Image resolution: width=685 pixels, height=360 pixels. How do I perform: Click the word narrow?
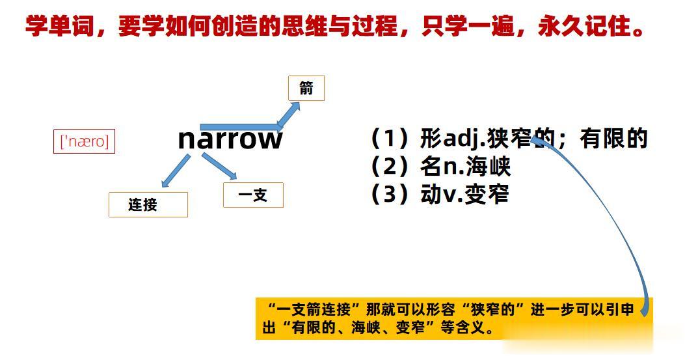pos(230,139)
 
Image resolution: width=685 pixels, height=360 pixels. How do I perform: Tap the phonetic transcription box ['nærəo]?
pos(85,141)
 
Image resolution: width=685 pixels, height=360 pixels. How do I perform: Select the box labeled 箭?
pos(306,89)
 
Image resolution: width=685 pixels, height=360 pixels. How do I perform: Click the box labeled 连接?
pos(148,204)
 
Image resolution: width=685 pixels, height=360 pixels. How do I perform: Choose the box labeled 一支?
pos(254,195)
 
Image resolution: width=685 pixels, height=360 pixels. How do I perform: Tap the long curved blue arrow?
pos(621,214)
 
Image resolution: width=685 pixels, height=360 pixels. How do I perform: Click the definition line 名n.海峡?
pos(441,167)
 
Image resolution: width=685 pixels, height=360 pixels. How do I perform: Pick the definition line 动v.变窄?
pos(440,195)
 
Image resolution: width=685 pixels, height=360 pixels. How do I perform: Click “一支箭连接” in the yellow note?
pos(314,310)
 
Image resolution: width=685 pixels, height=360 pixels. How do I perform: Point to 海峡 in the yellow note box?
pos(366,327)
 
